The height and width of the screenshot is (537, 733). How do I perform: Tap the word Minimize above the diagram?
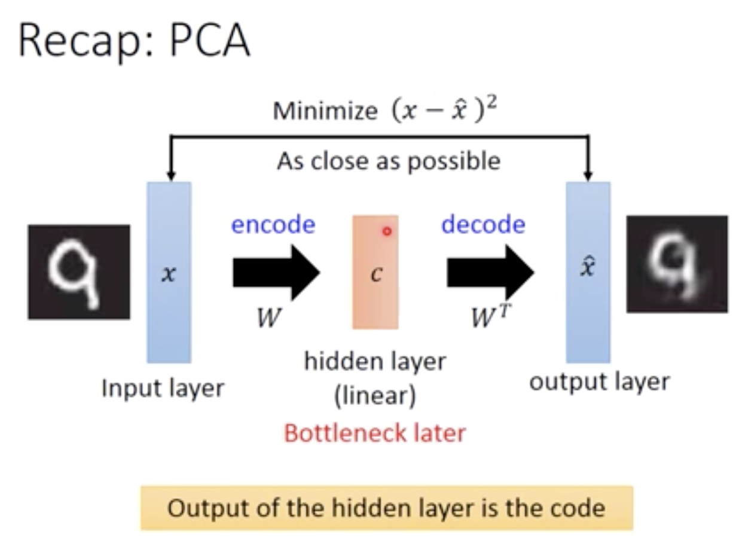(325, 111)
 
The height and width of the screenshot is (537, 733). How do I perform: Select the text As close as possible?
(389, 161)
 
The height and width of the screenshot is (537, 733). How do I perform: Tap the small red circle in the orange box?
(387, 231)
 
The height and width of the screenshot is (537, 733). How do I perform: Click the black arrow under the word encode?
(276, 272)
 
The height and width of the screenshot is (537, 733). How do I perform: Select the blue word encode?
(273, 225)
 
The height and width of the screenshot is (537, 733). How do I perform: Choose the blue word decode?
(483, 225)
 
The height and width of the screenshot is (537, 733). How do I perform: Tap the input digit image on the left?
(79, 271)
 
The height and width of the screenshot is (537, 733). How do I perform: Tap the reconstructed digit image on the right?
(677, 264)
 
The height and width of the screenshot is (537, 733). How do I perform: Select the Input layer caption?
(163, 389)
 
